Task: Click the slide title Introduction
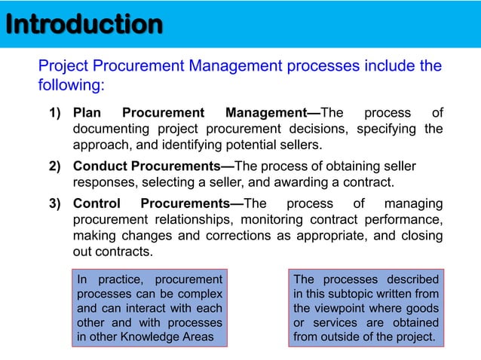point(83,24)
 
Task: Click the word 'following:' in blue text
point(71,85)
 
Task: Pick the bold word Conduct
point(99,166)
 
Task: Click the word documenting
point(113,129)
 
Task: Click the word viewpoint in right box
point(341,309)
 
